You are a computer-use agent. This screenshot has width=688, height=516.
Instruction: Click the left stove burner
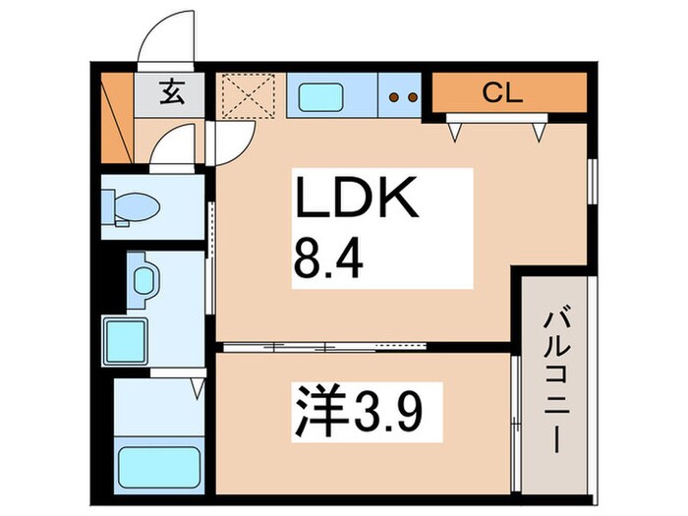[395, 97]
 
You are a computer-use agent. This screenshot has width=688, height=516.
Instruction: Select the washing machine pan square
[125, 340]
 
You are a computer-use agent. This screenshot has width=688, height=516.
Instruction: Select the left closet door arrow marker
[455, 129]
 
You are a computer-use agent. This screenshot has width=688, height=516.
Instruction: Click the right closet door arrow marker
[539, 129]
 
